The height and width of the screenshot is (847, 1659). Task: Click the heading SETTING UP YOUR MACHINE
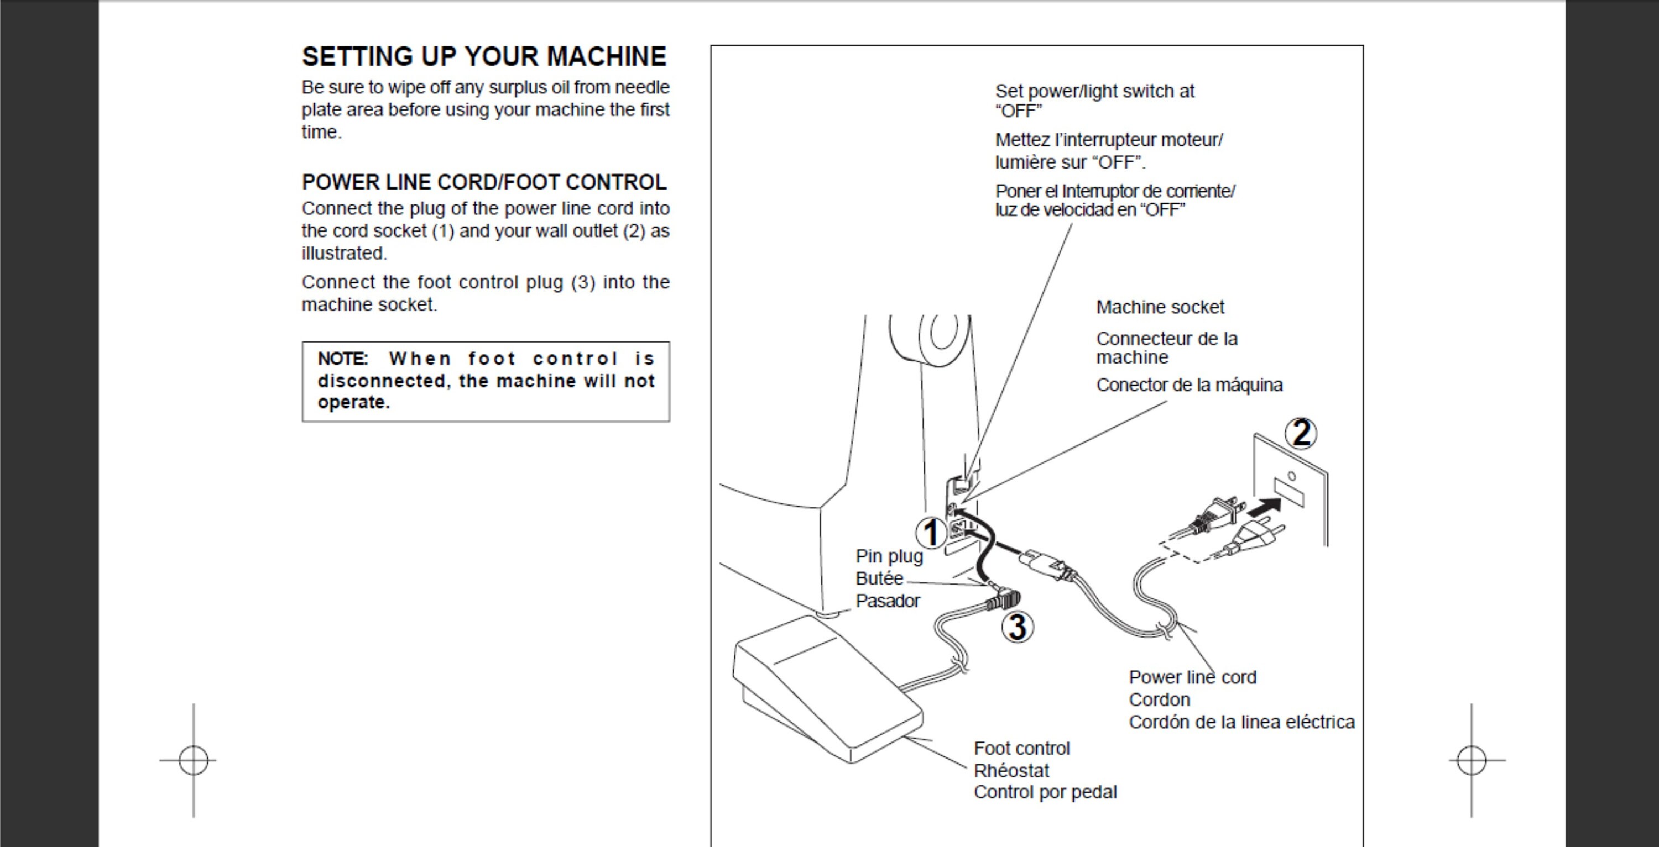point(484,57)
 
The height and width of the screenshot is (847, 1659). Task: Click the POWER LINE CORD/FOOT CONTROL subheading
point(484,183)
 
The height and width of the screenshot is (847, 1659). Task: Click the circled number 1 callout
point(931,534)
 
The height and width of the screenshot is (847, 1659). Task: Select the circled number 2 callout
point(1301,433)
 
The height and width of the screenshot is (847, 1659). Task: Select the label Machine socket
point(1160,308)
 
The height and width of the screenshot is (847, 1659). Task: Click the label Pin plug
point(889,556)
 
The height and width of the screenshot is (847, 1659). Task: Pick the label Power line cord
point(1192,677)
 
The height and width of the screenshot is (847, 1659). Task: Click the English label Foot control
point(1021,749)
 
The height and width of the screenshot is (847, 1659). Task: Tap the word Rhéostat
point(1011,770)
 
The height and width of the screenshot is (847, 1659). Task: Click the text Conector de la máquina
point(1189,385)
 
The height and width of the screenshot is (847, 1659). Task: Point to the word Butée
point(879,578)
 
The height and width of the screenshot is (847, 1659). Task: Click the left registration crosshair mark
point(193,760)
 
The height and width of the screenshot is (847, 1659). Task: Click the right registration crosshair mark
point(1472,760)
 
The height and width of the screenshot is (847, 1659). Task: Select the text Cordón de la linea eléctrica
point(1241,722)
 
